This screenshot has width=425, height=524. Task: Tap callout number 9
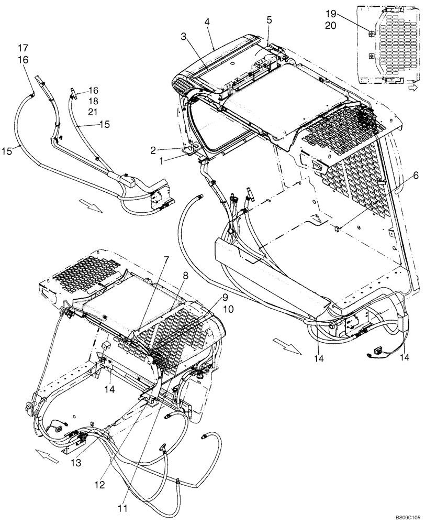click(x=226, y=297)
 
